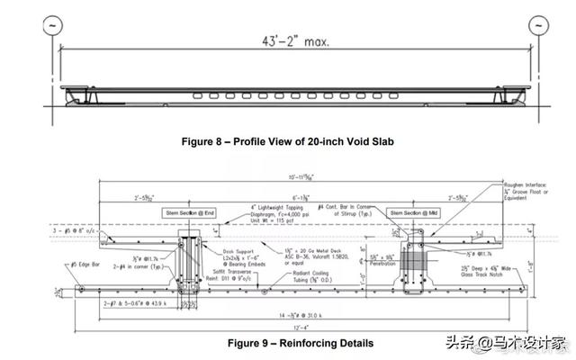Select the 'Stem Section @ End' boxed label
tap(192, 212)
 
